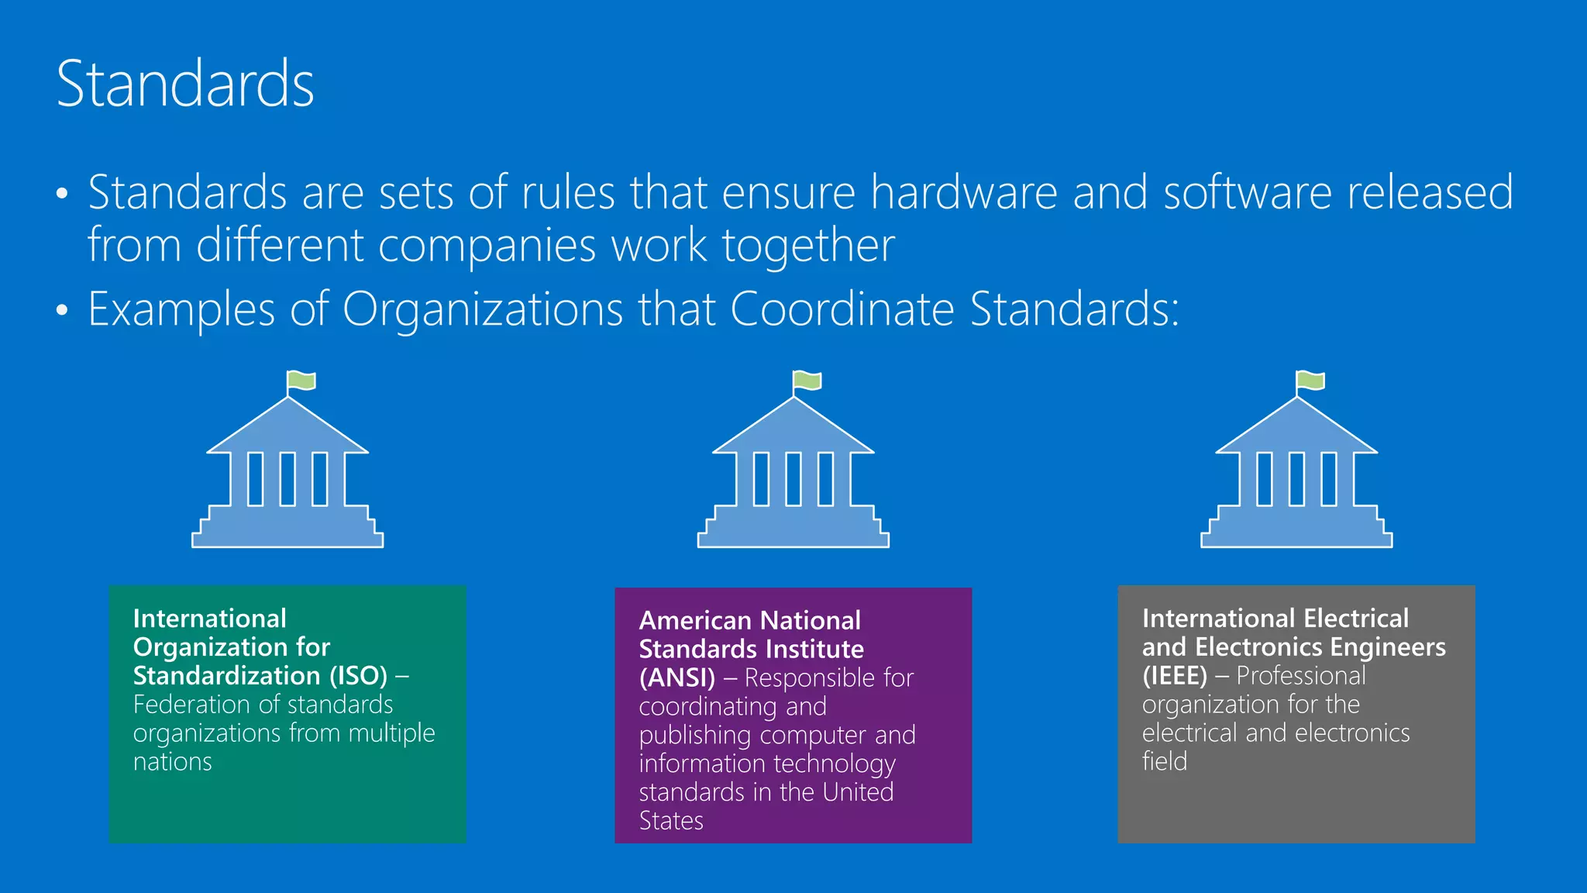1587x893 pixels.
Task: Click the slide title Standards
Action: click(185, 84)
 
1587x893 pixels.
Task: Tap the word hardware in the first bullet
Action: click(964, 192)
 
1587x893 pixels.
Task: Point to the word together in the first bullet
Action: click(808, 246)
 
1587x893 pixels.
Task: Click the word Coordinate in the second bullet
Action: click(842, 309)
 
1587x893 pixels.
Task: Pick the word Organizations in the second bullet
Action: click(483, 309)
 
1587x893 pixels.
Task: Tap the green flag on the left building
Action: click(301, 381)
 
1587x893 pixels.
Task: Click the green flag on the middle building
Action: click(807, 381)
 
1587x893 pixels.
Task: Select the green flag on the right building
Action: click(1311, 381)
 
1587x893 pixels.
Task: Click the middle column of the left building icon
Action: click(287, 479)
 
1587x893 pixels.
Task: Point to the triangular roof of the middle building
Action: click(793, 430)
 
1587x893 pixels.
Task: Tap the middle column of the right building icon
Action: click(1296, 479)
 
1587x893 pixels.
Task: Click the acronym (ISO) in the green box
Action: click(358, 676)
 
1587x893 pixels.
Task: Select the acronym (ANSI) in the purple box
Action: click(676, 678)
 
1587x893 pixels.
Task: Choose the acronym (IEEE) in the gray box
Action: click(1174, 676)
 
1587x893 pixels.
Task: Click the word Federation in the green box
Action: click(189, 705)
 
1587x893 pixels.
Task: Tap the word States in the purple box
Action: click(671, 821)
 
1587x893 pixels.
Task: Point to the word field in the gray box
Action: click(1164, 761)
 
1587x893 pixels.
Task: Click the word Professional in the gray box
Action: click(1301, 676)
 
